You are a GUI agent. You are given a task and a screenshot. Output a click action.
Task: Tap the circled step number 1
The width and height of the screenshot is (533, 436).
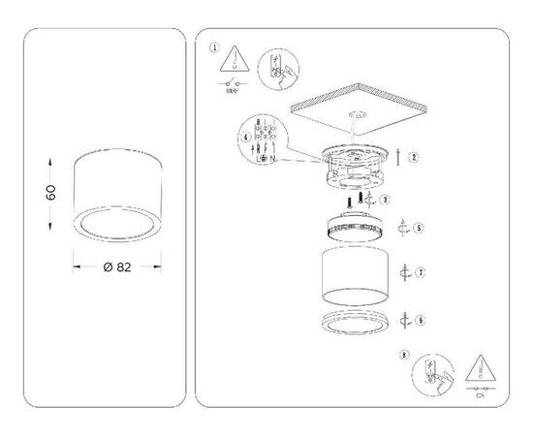[214, 46]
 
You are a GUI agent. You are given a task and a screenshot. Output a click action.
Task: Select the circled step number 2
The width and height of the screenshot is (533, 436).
[414, 155]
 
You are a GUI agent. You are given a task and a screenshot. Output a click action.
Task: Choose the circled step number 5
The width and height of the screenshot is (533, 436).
[418, 229]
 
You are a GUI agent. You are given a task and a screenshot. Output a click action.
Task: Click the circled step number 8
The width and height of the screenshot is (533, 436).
[403, 356]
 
